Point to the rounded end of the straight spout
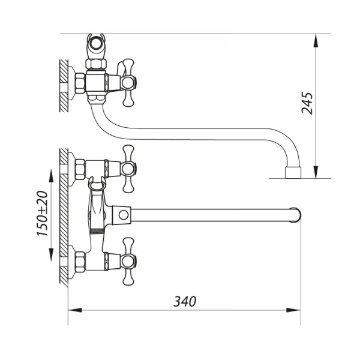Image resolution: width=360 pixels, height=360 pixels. [x=295, y=214]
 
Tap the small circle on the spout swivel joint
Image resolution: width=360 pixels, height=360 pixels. [x=123, y=214]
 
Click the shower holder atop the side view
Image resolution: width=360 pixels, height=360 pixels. [x=97, y=45]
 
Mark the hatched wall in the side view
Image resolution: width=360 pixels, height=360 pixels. [x=62, y=84]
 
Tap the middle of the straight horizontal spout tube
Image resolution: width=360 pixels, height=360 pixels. [x=210, y=214]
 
